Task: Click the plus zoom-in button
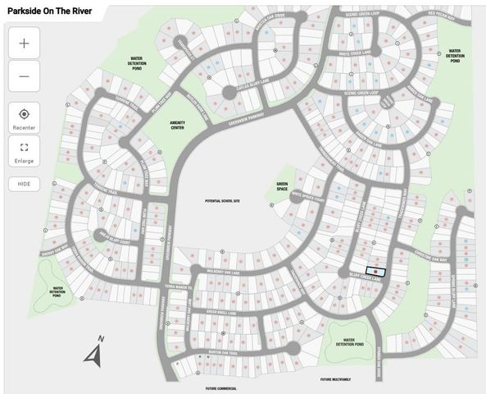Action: [x=23, y=44]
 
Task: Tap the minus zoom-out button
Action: [x=23, y=76]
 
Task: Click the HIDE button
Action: [x=24, y=184]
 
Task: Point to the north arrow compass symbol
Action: [x=94, y=354]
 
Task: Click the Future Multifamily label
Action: [x=336, y=379]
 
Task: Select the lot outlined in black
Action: [x=375, y=271]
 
